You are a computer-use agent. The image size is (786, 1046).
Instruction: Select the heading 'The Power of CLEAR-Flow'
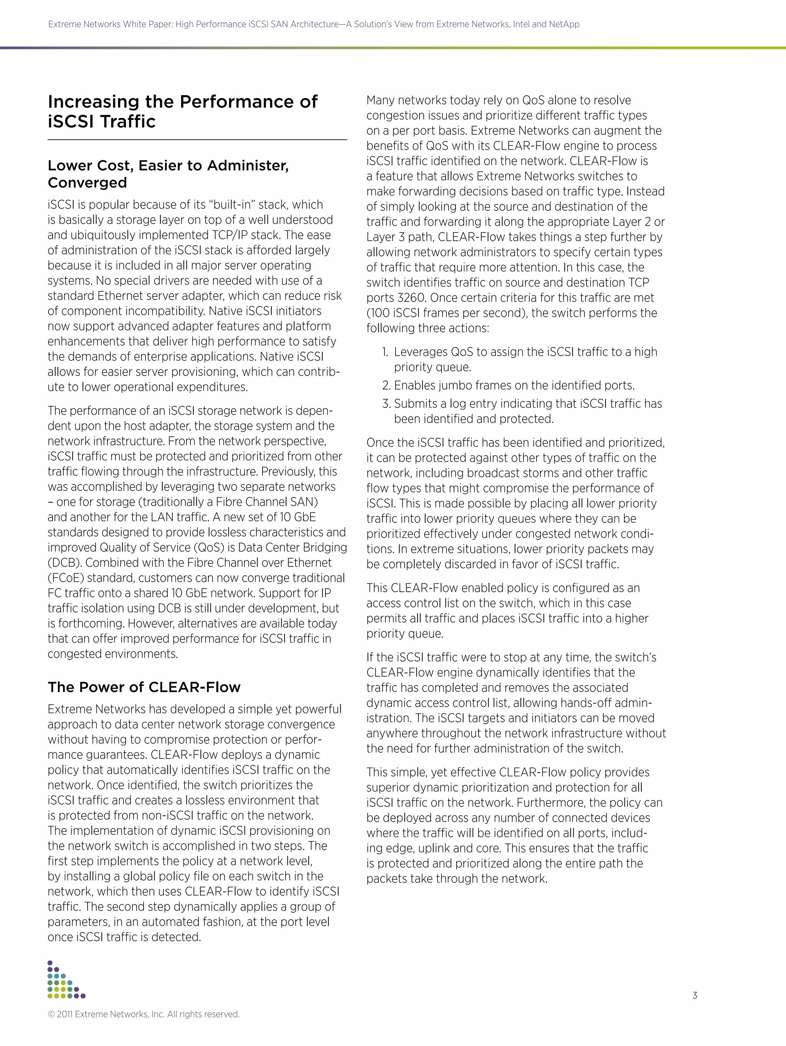click(x=144, y=687)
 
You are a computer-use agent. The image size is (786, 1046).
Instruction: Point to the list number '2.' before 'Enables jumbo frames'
click(x=386, y=386)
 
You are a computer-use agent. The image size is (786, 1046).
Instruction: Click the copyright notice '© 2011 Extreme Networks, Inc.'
click(x=144, y=1014)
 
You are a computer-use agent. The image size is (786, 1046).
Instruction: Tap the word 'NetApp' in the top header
click(x=564, y=25)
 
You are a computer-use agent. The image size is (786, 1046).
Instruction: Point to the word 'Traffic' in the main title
click(x=128, y=121)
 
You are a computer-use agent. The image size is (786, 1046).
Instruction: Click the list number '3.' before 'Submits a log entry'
click(x=386, y=404)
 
